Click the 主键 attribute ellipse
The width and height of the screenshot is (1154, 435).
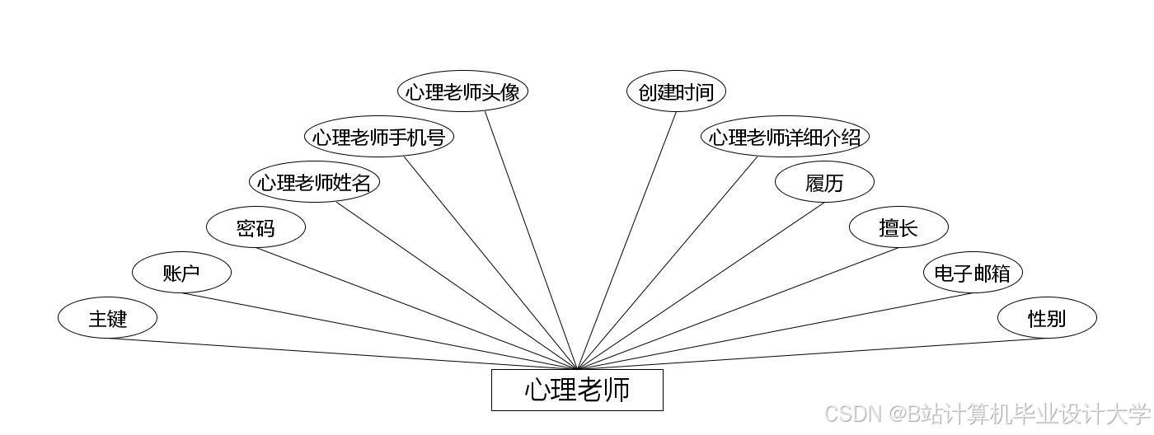pos(107,317)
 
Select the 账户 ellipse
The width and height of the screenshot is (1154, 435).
pos(181,273)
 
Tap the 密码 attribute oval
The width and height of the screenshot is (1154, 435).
pos(256,227)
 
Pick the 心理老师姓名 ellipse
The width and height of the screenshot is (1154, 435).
pos(314,182)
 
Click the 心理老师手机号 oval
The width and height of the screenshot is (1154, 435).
pos(379,137)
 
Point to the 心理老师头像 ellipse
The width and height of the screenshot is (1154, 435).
pos(462,91)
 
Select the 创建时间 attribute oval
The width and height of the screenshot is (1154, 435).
pos(676,91)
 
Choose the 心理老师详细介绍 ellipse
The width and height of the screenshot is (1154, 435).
pos(785,137)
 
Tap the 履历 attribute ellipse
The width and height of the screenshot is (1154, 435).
pos(824,182)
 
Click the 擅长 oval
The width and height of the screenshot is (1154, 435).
pos(898,227)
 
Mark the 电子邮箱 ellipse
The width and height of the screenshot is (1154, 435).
pos(973,273)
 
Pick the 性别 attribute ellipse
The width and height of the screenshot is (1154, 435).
pos(1047,317)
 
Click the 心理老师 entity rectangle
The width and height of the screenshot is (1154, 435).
pos(577,390)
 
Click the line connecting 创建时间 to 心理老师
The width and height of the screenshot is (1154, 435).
pos(626,241)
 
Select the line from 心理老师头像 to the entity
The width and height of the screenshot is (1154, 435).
pos(531,240)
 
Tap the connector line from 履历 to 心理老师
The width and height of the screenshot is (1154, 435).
pos(701,285)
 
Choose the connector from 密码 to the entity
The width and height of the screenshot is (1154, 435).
pos(416,308)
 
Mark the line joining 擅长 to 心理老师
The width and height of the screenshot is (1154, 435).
pos(738,308)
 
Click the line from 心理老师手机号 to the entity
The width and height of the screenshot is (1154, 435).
pos(490,262)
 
